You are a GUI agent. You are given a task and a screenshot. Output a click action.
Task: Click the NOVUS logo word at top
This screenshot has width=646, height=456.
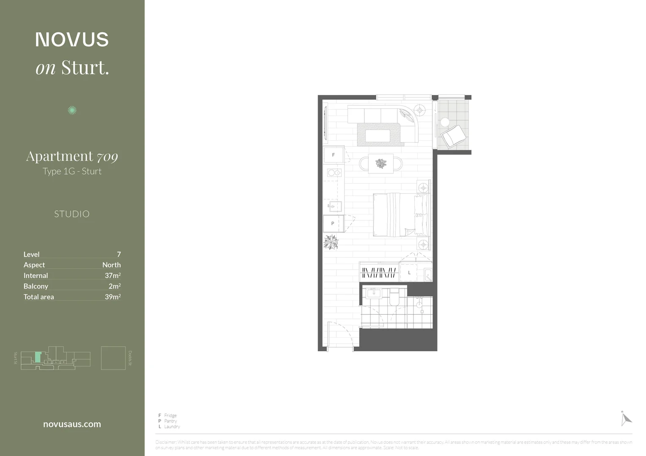coord(72,40)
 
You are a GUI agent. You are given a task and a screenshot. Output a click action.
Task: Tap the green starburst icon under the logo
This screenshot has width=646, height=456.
coord(72,110)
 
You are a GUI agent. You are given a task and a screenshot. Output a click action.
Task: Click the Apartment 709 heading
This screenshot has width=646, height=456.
coord(72,156)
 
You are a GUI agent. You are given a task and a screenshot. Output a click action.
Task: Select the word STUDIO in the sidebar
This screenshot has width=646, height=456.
coord(72,214)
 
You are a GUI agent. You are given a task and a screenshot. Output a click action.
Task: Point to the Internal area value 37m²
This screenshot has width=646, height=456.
coord(112,275)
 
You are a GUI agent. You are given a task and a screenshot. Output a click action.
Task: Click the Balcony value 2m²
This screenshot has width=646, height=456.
coord(115,286)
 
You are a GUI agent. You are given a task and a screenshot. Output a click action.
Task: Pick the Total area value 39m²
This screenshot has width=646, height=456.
coord(112,297)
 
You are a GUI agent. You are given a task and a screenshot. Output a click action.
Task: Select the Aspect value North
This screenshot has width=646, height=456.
coord(111,265)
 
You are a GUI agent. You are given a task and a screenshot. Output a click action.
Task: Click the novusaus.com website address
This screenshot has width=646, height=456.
coord(72,424)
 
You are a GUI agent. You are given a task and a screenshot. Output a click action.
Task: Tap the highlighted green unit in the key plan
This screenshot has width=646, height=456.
coord(38,357)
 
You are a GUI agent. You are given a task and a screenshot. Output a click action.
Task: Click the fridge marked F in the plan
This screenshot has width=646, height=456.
coord(333,155)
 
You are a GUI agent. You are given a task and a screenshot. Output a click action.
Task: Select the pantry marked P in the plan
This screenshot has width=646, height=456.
coord(333,223)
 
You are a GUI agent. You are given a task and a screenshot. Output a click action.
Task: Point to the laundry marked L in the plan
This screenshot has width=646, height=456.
coord(409,273)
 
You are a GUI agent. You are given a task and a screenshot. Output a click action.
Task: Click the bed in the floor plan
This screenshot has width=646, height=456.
coord(400,214)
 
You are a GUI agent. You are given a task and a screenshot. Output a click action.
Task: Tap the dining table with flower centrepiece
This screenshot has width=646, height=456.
coord(381,163)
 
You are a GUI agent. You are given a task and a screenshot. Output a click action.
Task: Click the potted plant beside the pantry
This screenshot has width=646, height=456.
coord(331,242)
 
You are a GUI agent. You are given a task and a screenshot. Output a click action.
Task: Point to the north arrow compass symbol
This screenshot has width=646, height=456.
coord(625,418)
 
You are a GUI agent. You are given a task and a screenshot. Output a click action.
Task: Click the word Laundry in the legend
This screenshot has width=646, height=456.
coord(172,426)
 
